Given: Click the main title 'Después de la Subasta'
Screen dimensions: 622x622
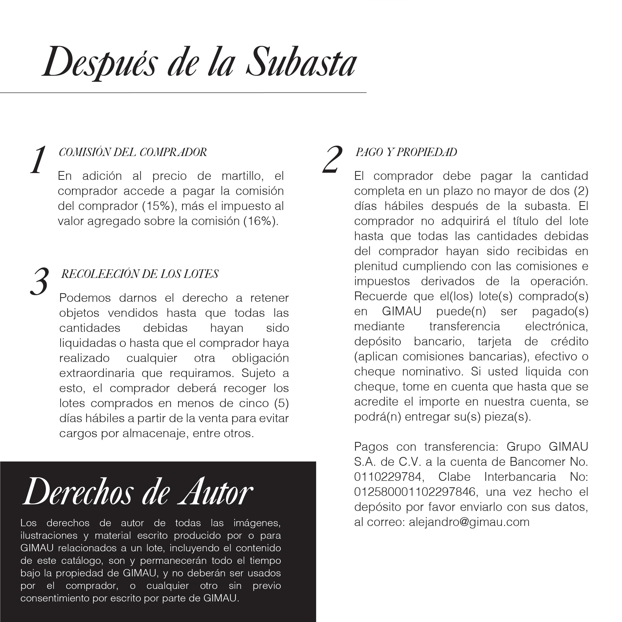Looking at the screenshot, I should click(x=199, y=62).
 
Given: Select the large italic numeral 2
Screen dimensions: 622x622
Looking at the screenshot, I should click(x=332, y=160).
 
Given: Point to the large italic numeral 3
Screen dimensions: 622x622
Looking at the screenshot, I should click(x=39, y=281).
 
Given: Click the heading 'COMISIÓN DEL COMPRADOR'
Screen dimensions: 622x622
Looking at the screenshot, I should click(x=133, y=152).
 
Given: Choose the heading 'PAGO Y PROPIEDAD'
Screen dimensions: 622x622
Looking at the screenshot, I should click(x=406, y=152).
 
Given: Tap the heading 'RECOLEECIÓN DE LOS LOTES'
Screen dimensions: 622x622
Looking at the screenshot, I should click(x=140, y=274).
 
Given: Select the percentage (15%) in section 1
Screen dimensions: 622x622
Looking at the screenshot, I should click(x=159, y=206).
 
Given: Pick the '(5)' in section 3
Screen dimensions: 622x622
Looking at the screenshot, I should click(x=281, y=403).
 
